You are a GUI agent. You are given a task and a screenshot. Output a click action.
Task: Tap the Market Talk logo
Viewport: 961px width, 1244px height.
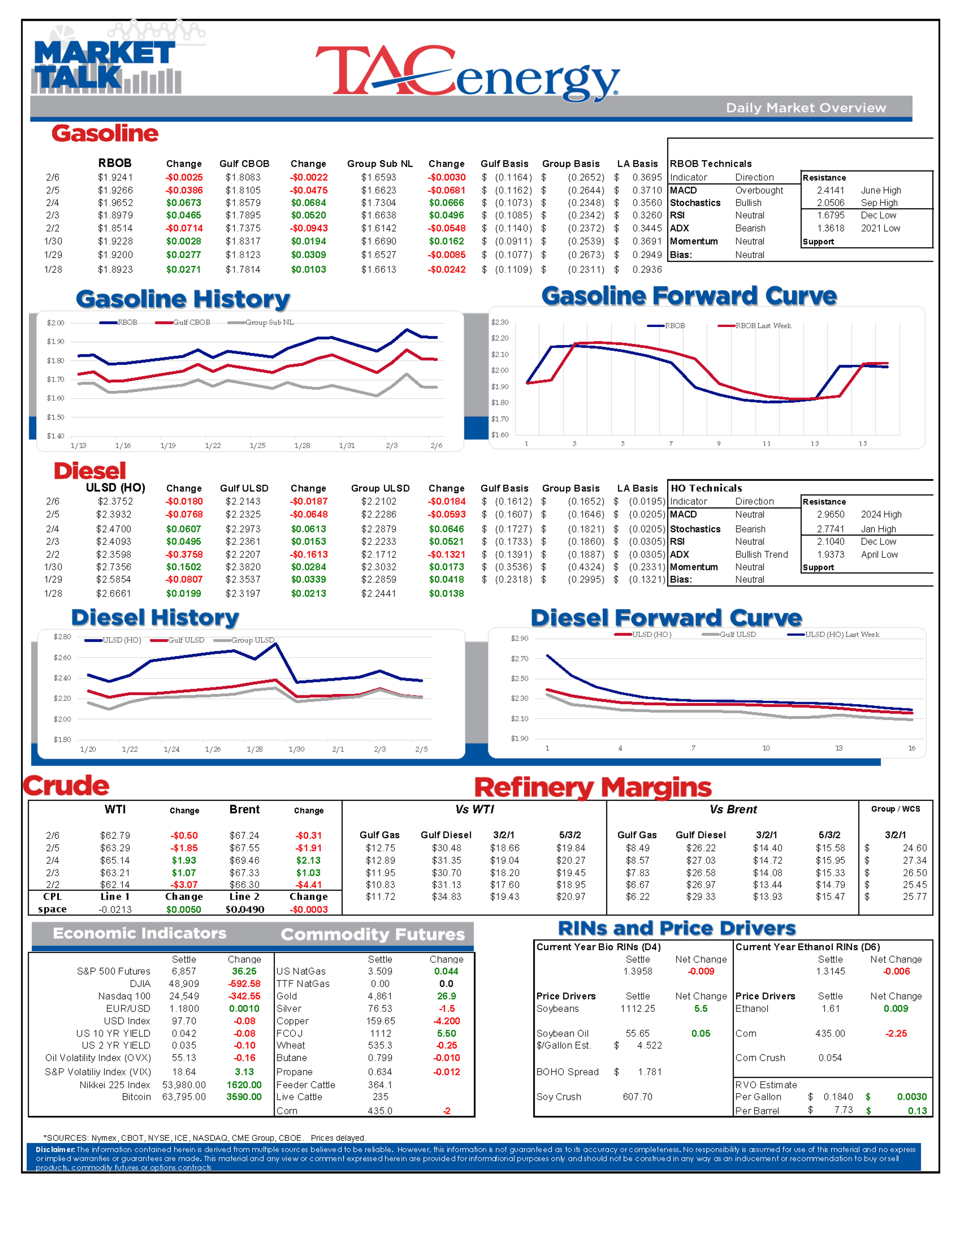pyautogui.click(x=105, y=66)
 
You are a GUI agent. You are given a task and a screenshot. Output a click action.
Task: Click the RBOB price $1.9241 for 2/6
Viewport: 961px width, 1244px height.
pyautogui.click(x=115, y=177)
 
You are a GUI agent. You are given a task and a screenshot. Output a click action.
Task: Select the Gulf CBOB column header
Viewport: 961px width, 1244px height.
pyautogui.click(x=244, y=163)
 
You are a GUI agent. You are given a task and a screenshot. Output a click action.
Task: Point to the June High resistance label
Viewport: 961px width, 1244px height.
pyautogui.click(x=881, y=190)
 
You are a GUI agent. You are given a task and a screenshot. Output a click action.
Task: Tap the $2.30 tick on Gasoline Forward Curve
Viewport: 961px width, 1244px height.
pyautogui.click(x=500, y=322)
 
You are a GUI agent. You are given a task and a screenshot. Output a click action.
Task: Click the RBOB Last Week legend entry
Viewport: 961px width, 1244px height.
pyautogui.click(x=763, y=326)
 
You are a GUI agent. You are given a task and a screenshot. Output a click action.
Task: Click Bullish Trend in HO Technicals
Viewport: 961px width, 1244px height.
pyautogui.click(x=761, y=554)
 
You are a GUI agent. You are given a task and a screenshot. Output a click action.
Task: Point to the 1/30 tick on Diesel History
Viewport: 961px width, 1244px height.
pyautogui.click(x=296, y=749)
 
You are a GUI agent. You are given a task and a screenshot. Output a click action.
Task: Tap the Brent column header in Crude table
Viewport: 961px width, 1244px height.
pyautogui.click(x=244, y=809)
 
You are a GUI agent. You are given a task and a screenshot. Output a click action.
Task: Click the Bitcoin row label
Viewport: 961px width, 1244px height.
pyautogui.click(x=137, y=1097)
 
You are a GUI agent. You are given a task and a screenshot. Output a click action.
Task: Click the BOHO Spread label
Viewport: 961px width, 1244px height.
pyautogui.click(x=567, y=1072)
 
